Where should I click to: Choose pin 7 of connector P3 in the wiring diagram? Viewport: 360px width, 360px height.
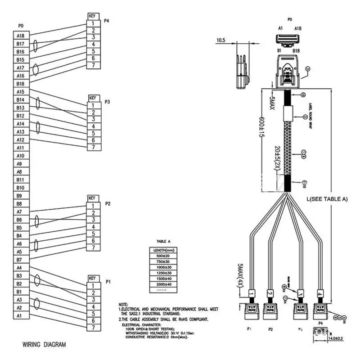[x=93, y=147]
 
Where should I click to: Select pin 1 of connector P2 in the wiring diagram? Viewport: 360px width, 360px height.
[x=93, y=205]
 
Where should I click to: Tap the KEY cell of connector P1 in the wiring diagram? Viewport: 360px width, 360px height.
[x=93, y=278]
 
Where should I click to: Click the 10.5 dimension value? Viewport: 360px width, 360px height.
[x=220, y=40]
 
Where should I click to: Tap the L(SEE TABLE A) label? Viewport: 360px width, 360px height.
[x=327, y=198]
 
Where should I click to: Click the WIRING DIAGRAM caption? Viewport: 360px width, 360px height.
[x=44, y=345]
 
